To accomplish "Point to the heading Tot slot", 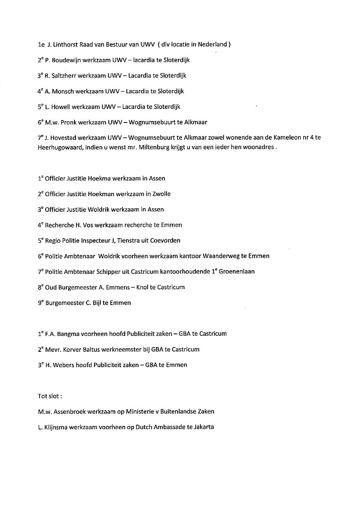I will (50, 396).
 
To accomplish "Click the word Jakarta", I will (204, 427).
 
